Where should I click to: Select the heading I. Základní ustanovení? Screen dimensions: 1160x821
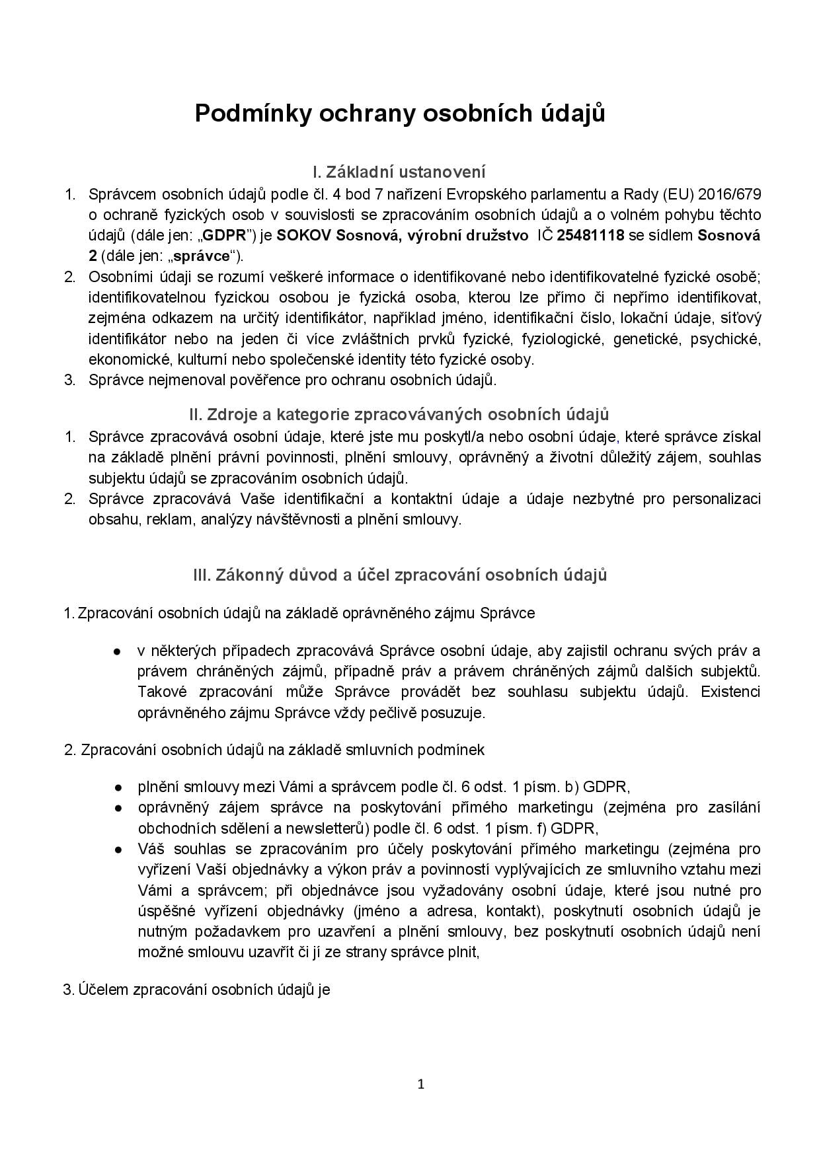click(399, 172)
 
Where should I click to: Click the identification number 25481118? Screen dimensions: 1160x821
click(591, 235)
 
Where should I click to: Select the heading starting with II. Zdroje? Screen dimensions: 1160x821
click(399, 414)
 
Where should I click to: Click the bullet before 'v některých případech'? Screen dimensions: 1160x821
click(117, 651)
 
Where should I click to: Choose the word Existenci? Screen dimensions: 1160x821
click(730, 692)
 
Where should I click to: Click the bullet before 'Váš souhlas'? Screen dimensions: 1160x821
click(117, 850)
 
